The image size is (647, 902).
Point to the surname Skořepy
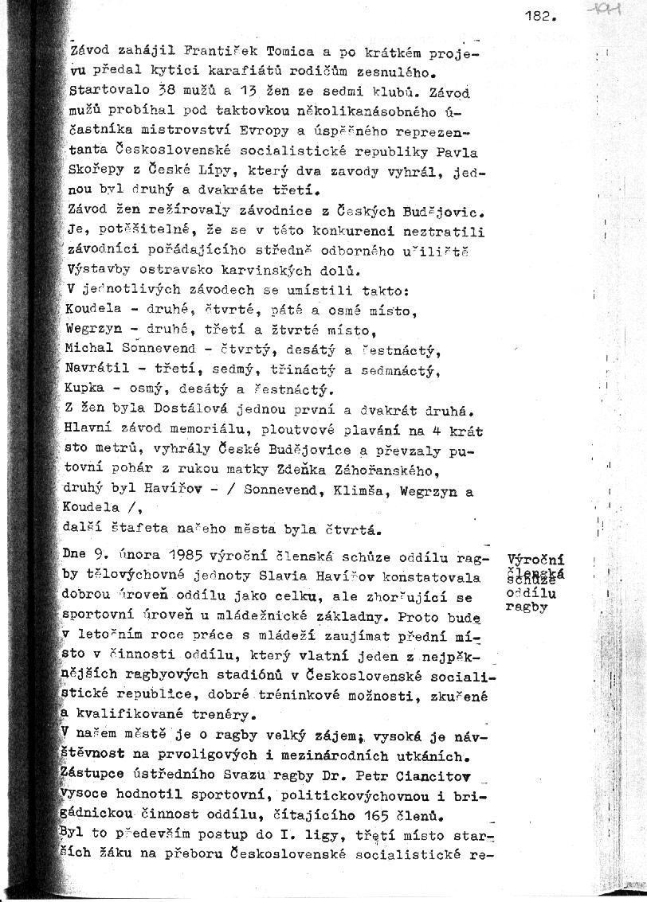pos(96,171)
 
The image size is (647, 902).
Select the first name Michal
pos(90,349)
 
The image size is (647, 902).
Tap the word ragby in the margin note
pos(524,606)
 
